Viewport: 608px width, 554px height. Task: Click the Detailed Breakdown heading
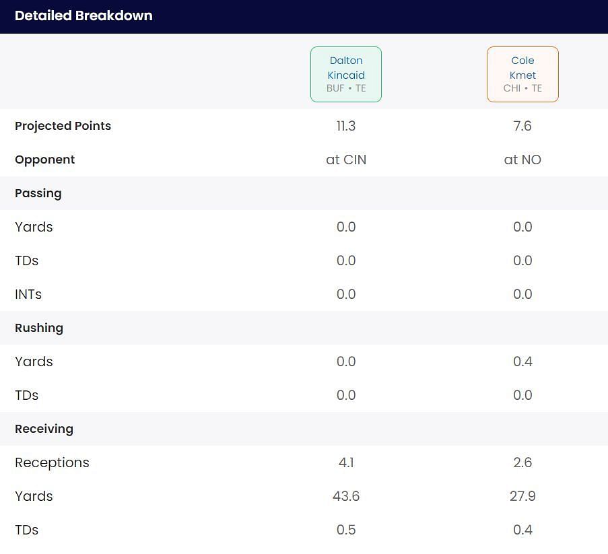click(83, 15)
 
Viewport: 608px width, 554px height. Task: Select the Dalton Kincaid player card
click(346, 74)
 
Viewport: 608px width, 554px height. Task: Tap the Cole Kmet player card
click(522, 74)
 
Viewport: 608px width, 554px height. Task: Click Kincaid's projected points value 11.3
click(346, 126)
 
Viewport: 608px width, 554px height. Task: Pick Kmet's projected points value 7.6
click(522, 126)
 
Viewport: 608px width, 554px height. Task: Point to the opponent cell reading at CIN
click(346, 160)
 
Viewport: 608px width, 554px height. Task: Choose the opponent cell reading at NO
click(522, 160)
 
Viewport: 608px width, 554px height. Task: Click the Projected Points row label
click(63, 126)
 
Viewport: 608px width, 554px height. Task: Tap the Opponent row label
click(44, 160)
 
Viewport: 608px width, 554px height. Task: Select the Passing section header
click(38, 193)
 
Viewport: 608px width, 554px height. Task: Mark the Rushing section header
click(38, 328)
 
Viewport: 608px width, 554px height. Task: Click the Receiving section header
click(44, 429)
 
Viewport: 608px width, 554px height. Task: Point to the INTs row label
click(28, 294)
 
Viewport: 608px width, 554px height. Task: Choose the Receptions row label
click(52, 462)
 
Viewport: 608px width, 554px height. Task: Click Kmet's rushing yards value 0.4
click(522, 361)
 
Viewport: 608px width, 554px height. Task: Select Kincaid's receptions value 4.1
click(346, 462)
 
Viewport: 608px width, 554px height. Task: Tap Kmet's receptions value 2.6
click(522, 462)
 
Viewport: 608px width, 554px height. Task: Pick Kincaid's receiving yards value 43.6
click(346, 496)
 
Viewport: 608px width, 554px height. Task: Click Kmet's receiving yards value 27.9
click(522, 496)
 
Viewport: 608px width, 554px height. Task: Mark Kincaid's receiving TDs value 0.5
click(346, 530)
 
